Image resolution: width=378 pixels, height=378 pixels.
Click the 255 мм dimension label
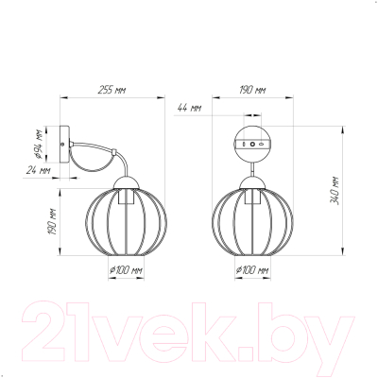point(112,91)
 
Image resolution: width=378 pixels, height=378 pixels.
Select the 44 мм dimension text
point(189,108)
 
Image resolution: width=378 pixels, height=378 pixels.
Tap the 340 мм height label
point(335,191)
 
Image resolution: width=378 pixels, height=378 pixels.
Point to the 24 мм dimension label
point(39,171)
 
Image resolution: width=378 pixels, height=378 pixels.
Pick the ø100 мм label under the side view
point(126,270)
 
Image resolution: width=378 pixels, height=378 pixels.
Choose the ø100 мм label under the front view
point(252,270)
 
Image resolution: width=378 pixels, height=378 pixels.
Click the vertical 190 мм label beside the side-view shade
point(52,222)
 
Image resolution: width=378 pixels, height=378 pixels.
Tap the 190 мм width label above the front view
point(252,91)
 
